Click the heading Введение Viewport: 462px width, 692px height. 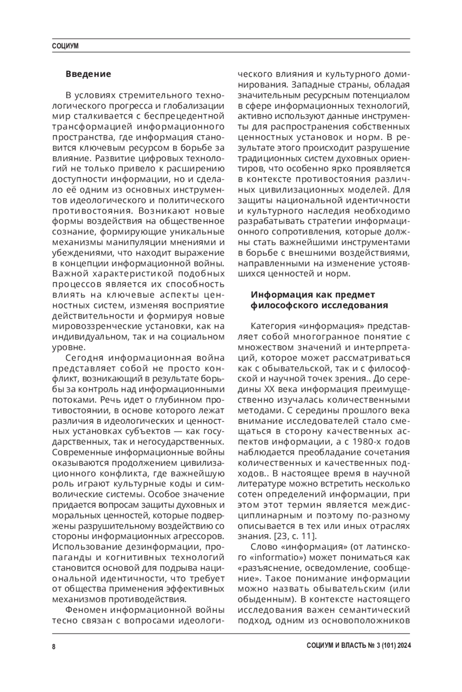[88, 74]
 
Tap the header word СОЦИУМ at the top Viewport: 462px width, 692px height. [65, 46]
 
